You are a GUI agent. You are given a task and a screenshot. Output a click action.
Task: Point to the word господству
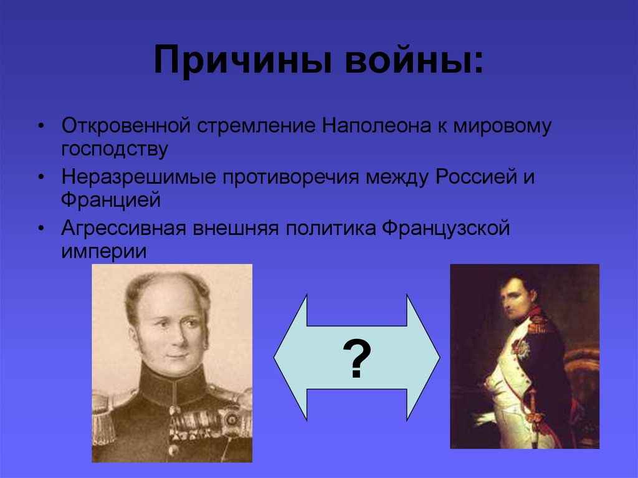click(x=115, y=150)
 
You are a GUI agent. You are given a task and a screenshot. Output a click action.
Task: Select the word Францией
click(x=111, y=201)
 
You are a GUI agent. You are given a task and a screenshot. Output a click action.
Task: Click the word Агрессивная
click(x=124, y=229)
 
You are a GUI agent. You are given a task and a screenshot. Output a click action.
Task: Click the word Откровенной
click(x=125, y=127)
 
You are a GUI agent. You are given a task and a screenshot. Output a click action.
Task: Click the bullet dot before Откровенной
click(x=40, y=127)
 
